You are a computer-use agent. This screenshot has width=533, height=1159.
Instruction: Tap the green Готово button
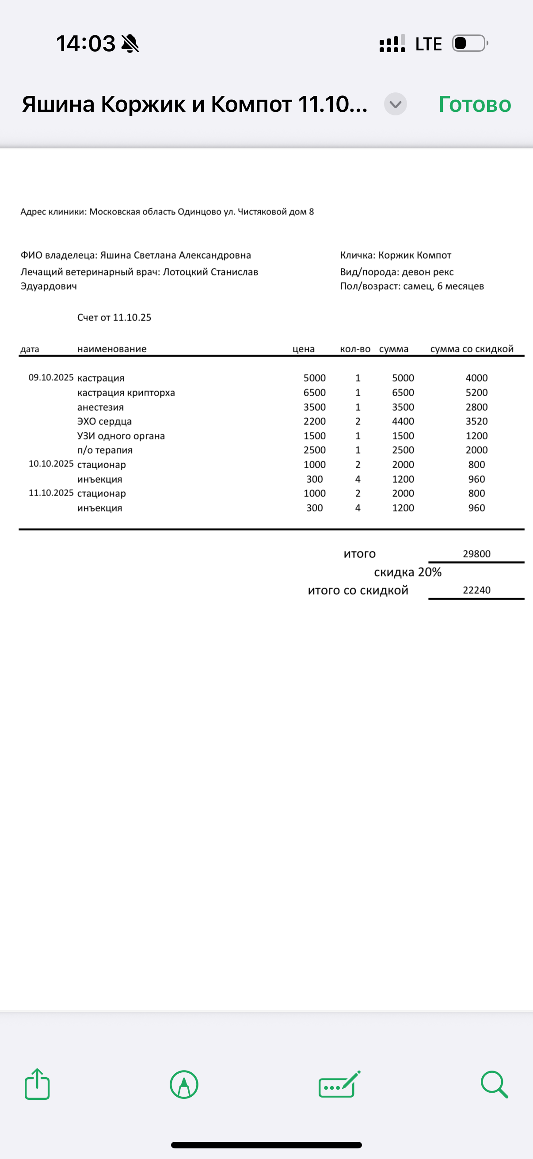coord(475,104)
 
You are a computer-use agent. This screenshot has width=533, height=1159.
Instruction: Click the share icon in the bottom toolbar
coord(37,1084)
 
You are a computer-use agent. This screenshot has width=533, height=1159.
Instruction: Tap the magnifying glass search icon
coord(494,1084)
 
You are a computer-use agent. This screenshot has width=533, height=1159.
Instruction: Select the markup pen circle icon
coord(184,1084)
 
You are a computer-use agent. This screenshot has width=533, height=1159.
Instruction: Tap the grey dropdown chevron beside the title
coord(396,104)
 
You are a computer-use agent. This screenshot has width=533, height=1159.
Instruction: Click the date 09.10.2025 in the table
coord(51,377)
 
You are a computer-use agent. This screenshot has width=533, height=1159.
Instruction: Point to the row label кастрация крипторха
coord(126,393)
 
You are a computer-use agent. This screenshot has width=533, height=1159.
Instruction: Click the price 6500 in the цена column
coord(314,393)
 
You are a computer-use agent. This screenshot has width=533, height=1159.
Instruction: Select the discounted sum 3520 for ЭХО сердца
coord(476,421)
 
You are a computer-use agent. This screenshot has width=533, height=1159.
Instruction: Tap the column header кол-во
coord(355,349)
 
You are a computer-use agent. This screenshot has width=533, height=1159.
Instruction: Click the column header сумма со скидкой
coord(472,349)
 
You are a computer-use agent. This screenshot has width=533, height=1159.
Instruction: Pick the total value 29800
coord(476,554)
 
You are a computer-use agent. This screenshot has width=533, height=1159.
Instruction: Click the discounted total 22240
coord(476,590)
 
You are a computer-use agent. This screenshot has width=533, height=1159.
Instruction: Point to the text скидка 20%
coord(407,572)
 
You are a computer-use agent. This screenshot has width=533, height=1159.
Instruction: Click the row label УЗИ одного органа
coord(121,436)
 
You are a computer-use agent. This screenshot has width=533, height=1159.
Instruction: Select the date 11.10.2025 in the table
coord(51,493)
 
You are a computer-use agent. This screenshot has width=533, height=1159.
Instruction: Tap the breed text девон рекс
coord(427,272)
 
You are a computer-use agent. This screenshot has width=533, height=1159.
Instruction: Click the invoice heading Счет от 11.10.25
coord(114,318)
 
